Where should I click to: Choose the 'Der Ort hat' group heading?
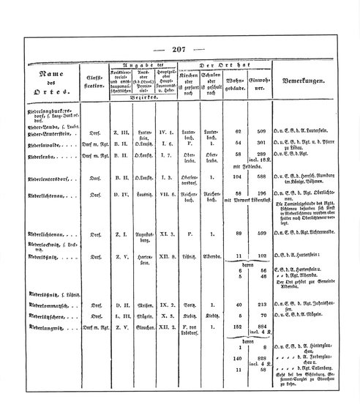[220, 65]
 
